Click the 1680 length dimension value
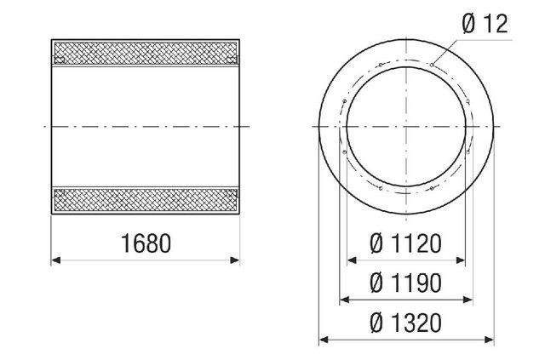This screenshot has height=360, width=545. click(x=146, y=244)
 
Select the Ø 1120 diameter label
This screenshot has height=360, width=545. click(x=405, y=245)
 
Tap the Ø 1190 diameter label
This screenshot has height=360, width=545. click(x=405, y=283)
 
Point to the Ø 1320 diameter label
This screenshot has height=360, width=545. click(x=405, y=323)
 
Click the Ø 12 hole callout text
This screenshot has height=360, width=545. click(x=485, y=24)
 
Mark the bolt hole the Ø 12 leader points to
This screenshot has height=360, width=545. click(x=433, y=64)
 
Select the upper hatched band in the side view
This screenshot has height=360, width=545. click(x=146, y=54)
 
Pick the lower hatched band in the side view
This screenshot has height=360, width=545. click(x=146, y=201)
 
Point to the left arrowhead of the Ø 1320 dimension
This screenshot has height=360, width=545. click(x=322, y=341)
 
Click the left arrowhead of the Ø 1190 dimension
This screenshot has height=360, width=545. click(x=343, y=300)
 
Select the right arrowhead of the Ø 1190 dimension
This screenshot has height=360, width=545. click(x=469, y=300)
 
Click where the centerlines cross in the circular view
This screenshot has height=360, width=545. click(x=406, y=126)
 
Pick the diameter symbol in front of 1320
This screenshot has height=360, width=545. click(x=376, y=323)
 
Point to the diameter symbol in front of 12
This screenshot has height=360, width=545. click(x=468, y=24)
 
